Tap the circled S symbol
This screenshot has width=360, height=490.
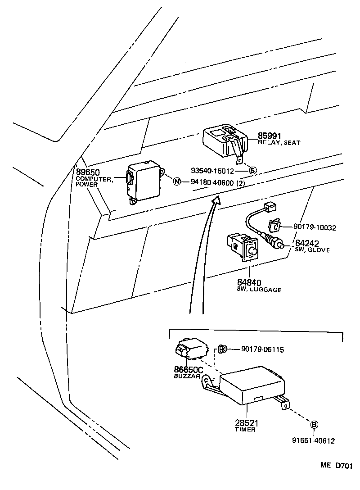click(x=252, y=171)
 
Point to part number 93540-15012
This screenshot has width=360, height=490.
click(x=212, y=171)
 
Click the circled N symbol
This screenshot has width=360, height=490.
click(x=177, y=182)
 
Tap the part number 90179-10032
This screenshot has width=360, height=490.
click(x=315, y=228)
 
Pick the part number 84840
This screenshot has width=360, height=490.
click(x=249, y=283)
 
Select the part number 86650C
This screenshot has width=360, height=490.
click(x=189, y=370)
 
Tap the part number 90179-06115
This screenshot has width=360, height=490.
click(x=262, y=349)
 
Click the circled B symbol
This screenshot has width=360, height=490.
click(x=314, y=424)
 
